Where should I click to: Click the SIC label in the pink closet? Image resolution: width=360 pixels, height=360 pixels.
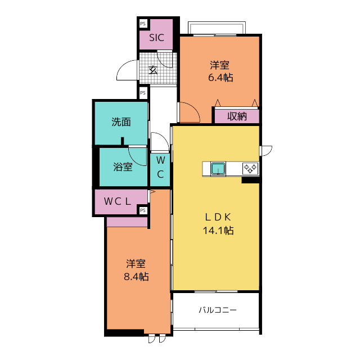tap(156, 38)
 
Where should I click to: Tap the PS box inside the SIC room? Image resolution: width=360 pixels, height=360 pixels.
tap(143, 24)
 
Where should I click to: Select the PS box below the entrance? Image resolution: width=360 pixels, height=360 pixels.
tap(143, 93)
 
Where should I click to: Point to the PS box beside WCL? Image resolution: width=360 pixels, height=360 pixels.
tap(142, 210)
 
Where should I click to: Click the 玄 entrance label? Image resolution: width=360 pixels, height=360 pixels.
tap(153, 70)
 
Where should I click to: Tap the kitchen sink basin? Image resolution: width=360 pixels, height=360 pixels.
tap(218, 169)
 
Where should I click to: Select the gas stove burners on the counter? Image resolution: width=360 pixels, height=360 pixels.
tap(250, 169)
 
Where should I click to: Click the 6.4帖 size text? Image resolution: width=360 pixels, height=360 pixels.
tap(220, 78)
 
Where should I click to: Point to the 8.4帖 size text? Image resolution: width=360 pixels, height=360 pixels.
tap(136, 277)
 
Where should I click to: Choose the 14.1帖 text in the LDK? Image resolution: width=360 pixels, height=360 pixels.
tap(218, 230)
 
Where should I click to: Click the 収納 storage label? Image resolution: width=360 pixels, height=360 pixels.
tap(237, 116)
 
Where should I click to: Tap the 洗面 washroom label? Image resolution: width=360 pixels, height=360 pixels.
tap(121, 122)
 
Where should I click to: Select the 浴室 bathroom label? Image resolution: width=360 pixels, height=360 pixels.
tap(123, 167)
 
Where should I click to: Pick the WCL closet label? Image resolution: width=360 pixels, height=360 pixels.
tap(118, 201)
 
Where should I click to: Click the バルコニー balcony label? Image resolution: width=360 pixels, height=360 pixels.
tap(218, 310)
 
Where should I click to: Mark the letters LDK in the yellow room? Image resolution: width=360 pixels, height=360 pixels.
tap(218, 217)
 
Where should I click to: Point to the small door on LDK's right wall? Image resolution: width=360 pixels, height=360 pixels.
tap(266, 151)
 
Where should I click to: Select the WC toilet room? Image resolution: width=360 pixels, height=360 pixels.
tap(160, 169)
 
